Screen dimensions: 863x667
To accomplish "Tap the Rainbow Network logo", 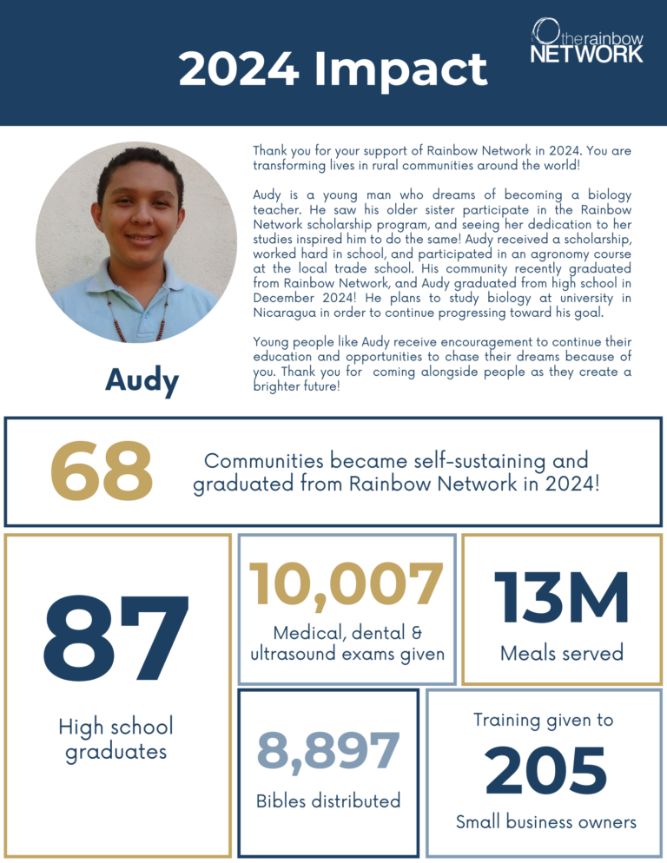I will [587, 41].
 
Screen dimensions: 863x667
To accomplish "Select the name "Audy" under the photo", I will [142, 379].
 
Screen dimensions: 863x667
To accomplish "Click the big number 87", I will [116, 641].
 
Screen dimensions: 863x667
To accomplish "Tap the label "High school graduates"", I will [116, 739].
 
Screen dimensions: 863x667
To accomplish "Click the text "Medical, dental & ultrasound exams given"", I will [347, 643].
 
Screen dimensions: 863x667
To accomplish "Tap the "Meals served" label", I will [562, 653].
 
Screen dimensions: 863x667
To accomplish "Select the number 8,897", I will [328, 750].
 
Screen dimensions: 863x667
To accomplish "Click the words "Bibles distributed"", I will [328, 800].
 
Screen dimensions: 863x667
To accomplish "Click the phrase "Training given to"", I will [544, 720].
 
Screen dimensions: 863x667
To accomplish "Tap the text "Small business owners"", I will [546, 821].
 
